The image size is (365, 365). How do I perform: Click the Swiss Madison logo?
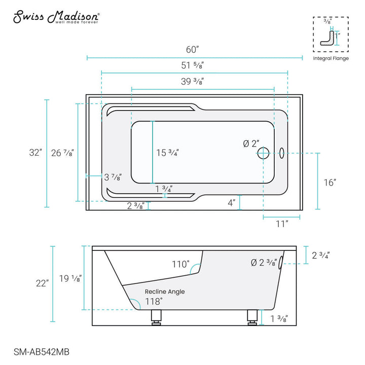[56, 17]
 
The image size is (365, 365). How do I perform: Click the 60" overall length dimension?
[192, 50]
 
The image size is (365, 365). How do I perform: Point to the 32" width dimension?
[35, 152]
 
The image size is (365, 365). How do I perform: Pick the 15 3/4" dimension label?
[167, 152]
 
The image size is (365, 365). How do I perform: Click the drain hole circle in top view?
[264, 152]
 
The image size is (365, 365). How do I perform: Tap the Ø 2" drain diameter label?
[251, 144]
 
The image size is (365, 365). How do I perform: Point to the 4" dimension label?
[231, 203]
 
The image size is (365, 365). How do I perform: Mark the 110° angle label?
[180, 264]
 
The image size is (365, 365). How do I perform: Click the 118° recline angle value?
[154, 301]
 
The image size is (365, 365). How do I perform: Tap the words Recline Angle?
[165, 291]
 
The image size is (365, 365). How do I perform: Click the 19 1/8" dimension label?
[70, 278]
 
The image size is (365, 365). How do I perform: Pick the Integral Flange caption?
[331, 59]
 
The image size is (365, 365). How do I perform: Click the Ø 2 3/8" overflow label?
[264, 263]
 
